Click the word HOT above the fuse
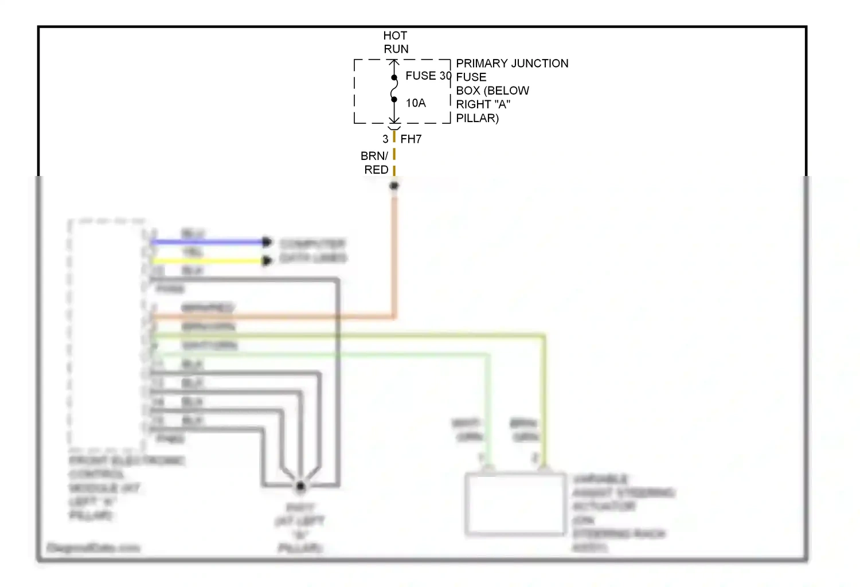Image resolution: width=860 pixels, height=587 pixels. (x=395, y=36)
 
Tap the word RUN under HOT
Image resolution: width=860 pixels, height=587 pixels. (x=396, y=49)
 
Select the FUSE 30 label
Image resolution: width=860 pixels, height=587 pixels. (x=428, y=76)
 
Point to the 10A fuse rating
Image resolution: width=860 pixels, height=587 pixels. (x=416, y=103)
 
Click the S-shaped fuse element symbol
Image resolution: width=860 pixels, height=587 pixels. (x=394, y=89)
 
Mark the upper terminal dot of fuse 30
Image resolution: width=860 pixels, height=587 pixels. (x=394, y=77)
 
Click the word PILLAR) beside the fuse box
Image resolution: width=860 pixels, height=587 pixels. (x=477, y=118)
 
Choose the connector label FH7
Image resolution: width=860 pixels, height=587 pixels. (x=411, y=139)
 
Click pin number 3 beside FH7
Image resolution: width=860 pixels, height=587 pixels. (x=385, y=139)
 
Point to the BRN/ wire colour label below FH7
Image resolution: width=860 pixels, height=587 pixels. (x=374, y=156)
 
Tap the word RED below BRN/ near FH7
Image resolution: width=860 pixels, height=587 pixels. (x=376, y=170)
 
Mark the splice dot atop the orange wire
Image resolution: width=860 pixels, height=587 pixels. (x=394, y=186)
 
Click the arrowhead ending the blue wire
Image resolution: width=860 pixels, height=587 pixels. (x=267, y=242)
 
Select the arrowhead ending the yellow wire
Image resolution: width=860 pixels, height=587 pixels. (x=267, y=261)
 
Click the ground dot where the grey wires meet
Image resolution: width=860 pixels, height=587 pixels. (x=300, y=487)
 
